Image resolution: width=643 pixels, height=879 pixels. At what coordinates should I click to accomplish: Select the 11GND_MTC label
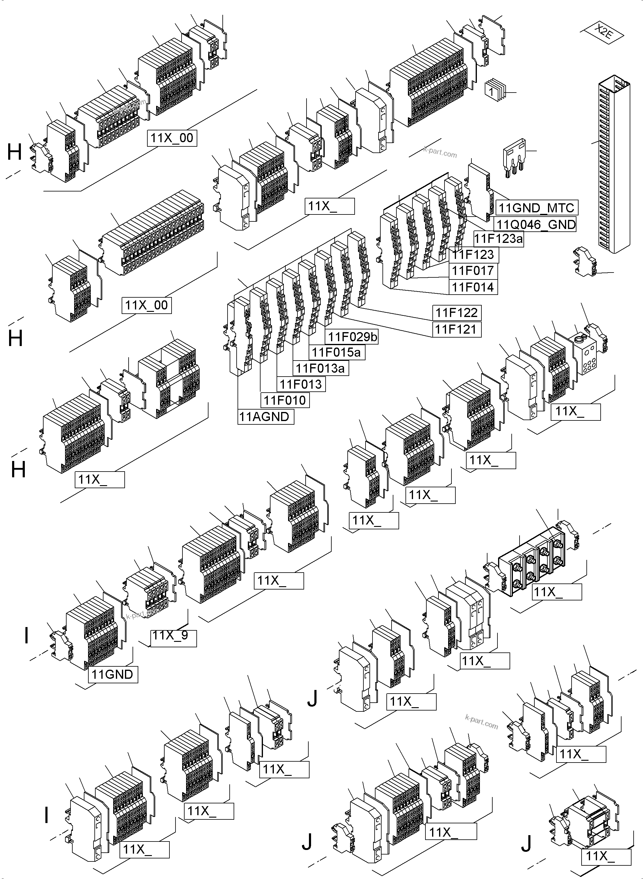tap(536, 208)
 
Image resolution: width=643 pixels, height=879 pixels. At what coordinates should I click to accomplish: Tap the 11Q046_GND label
tap(536, 224)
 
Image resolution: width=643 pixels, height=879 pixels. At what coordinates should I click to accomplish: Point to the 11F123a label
tap(498, 239)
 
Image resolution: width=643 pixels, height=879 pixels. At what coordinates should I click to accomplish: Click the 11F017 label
tap(473, 270)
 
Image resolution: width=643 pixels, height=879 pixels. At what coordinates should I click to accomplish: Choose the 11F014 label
tap(473, 287)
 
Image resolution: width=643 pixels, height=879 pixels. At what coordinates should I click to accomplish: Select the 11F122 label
tap(456, 312)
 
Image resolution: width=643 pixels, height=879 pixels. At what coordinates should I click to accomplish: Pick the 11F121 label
tap(456, 329)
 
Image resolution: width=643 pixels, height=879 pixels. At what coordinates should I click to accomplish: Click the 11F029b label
tap(352, 337)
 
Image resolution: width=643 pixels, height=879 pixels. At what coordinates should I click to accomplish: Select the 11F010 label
tap(284, 400)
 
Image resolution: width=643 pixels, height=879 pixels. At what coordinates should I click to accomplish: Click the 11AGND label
tap(265, 417)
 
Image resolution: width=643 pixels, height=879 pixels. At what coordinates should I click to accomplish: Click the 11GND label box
tap(113, 674)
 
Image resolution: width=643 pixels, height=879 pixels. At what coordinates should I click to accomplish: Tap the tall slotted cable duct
tap(613, 163)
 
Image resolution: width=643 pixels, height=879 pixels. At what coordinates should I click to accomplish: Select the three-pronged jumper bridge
tap(514, 158)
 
